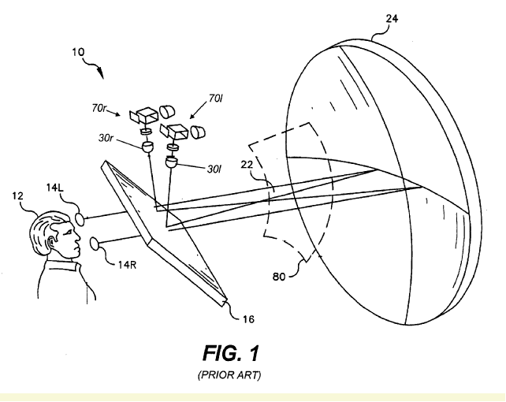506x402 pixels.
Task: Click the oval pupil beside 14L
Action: pyautogui.click(x=84, y=217)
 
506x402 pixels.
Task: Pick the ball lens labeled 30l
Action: pyautogui.click(x=172, y=162)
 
